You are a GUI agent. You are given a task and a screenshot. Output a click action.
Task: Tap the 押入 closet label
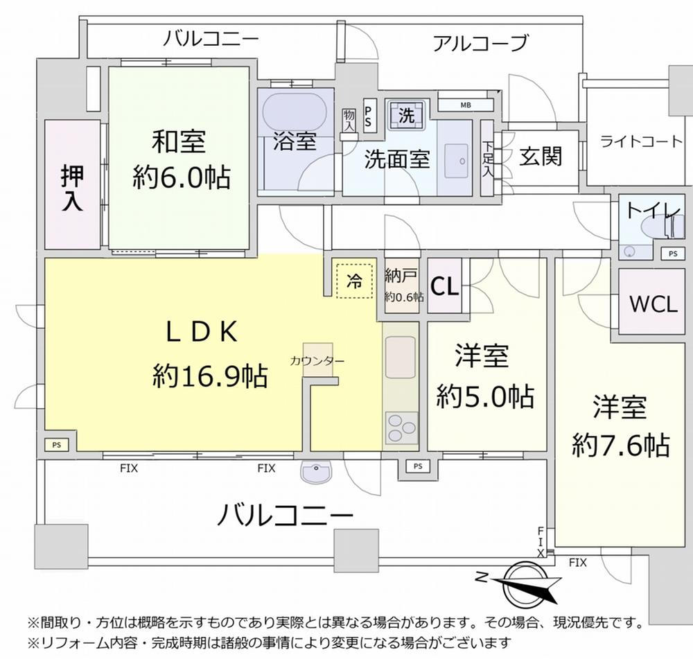(x=72, y=188)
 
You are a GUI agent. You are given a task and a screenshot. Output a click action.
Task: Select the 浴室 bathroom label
(x=295, y=141)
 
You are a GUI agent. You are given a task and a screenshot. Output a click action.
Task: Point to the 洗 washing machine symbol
(x=407, y=115)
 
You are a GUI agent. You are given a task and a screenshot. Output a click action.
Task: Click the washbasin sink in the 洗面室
(x=456, y=161)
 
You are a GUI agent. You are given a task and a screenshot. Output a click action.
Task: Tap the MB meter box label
(x=466, y=105)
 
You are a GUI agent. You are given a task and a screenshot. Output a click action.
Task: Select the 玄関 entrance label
(x=541, y=157)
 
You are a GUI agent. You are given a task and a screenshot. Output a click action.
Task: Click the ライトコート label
(x=641, y=141)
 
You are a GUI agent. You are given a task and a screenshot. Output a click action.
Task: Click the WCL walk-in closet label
(x=653, y=304)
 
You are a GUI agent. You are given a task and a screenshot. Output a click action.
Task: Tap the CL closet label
(x=444, y=286)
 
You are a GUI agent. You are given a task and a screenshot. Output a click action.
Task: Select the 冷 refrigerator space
(x=354, y=281)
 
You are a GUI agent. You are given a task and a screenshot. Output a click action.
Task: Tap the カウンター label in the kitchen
(x=317, y=361)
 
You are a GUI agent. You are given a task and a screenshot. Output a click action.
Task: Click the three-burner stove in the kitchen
(x=401, y=428)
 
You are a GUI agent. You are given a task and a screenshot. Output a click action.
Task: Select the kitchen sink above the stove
(x=401, y=357)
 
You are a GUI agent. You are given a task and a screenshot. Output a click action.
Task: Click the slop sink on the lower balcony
(x=315, y=471)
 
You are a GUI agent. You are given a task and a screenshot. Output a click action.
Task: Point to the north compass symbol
(x=520, y=584)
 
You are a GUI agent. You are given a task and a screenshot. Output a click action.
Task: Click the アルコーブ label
(x=480, y=43)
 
